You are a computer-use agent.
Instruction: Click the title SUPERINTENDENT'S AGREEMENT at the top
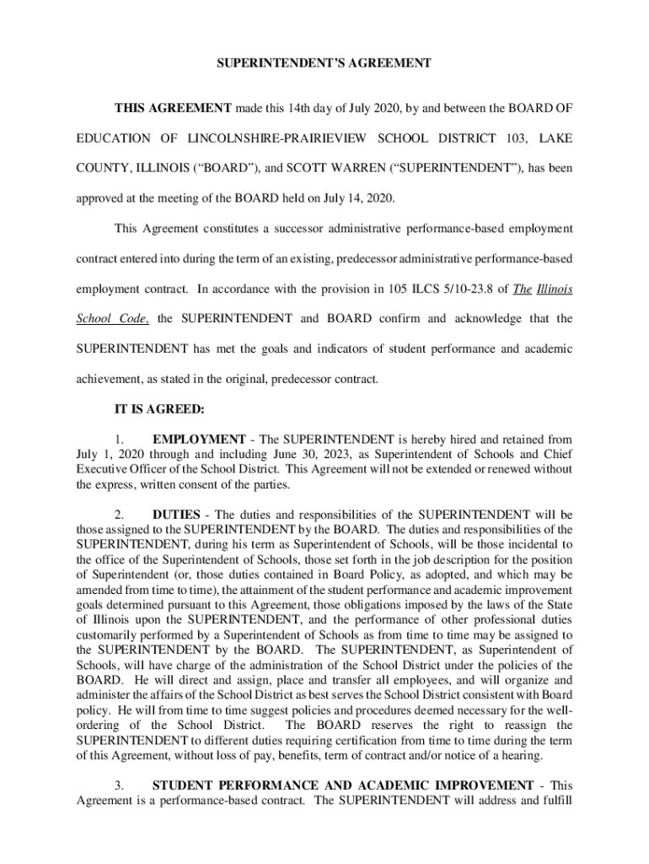(x=324, y=63)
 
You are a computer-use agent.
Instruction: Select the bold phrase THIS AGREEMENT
(x=173, y=107)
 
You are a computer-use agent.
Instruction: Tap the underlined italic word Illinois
(x=555, y=289)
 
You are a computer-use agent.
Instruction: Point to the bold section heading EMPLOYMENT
(x=199, y=440)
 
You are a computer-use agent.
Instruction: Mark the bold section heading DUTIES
(x=176, y=514)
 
